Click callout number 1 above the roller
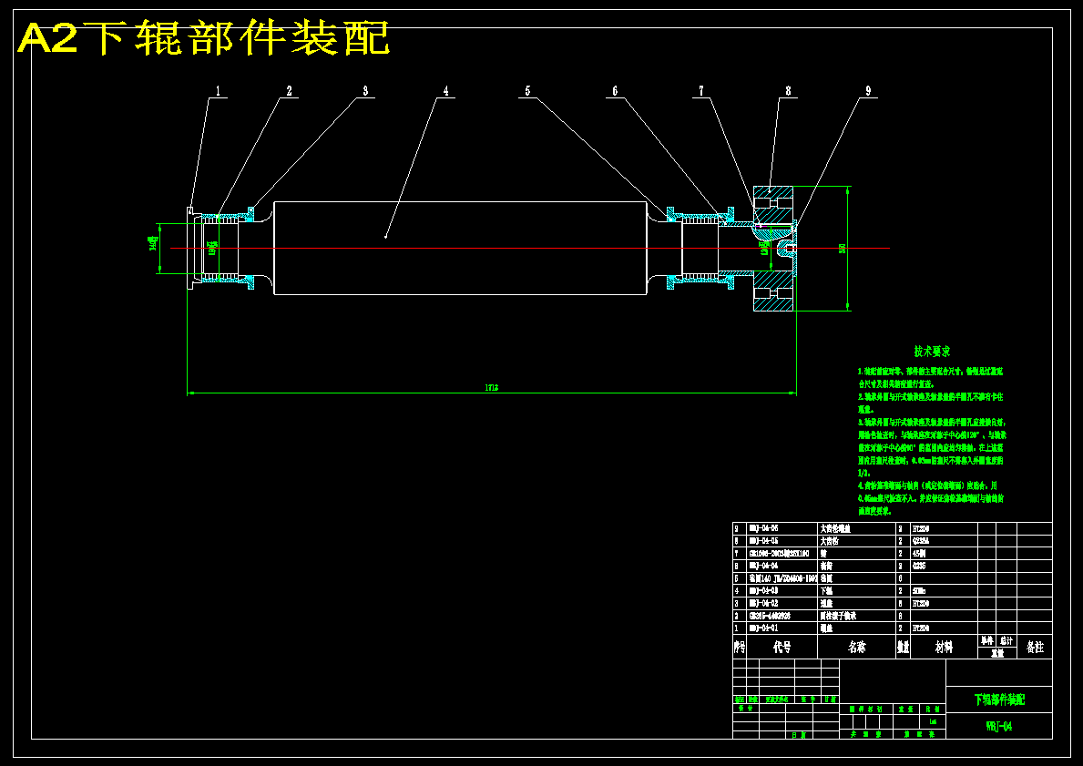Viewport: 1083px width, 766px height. [219, 91]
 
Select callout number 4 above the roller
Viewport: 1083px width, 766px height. [445, 91]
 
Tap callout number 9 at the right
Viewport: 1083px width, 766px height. [868, 91]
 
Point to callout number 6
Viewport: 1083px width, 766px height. [615, 91]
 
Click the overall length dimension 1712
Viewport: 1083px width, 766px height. [491, 388]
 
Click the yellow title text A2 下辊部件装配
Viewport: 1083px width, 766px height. [204, 38]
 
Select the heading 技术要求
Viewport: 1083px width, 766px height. [933, 351]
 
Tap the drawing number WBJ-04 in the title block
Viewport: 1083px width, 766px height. [999, 726]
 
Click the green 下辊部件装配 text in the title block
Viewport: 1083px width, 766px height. [999, 700]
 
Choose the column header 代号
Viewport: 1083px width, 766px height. [782, 647]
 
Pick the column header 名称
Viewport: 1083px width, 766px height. [856, 647]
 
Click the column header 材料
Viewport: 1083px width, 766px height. [944, 647]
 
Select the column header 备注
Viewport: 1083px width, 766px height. [1035, 647]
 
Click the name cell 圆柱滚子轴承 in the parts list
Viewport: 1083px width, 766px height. [841, 616]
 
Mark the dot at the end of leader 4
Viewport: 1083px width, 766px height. [386, 237]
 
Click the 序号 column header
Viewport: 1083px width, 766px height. [740, 647]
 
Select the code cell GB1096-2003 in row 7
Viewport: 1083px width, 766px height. [778, 553]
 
